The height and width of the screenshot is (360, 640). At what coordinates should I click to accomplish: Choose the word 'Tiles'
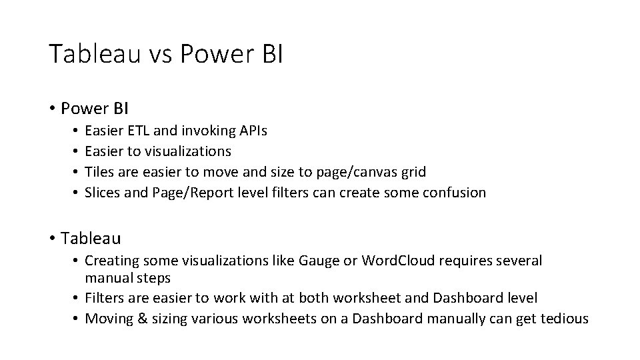(x=99, y=172)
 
